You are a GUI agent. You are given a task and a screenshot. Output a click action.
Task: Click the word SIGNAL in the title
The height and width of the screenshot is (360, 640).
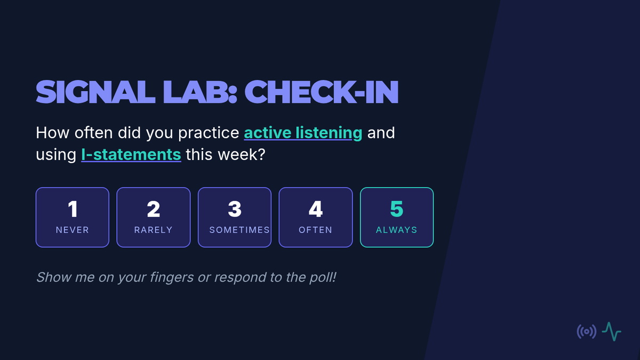[95, 92]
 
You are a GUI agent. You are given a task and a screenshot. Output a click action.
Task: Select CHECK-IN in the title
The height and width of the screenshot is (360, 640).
[322, 92]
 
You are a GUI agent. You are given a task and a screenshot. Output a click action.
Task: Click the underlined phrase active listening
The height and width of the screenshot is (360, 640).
[303, 133]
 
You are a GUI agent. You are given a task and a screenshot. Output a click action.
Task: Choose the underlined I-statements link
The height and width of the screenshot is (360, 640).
[131, 155]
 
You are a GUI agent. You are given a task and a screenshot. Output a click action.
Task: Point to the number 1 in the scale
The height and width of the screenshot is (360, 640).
[73, 209]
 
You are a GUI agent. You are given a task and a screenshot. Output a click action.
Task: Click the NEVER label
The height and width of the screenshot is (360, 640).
[73, 230]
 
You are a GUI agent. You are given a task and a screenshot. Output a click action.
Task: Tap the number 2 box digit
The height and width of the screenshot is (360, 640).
[154, 209]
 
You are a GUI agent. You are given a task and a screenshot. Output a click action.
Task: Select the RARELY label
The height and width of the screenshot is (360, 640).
[154, 230]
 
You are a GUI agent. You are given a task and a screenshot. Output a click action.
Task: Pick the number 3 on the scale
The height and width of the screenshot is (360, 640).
[235, 209]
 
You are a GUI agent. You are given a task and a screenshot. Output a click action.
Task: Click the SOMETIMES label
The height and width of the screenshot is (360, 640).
[239, 230]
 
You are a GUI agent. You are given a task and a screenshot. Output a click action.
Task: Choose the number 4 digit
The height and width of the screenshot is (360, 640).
[316, 209]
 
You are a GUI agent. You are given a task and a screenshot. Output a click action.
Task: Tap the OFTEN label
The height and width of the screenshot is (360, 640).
[315, 230]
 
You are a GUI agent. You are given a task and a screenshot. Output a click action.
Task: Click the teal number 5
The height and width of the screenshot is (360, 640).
[397, 209]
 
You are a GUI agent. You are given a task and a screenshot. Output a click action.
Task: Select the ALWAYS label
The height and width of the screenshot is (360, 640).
[397, 230]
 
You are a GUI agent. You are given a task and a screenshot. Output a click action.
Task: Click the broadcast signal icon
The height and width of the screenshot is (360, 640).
[587, 332]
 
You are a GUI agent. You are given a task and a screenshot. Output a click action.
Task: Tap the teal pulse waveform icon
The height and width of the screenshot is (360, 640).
[611, 331]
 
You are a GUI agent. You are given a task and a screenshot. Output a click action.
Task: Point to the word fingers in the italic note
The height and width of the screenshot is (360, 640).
[172, 277]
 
